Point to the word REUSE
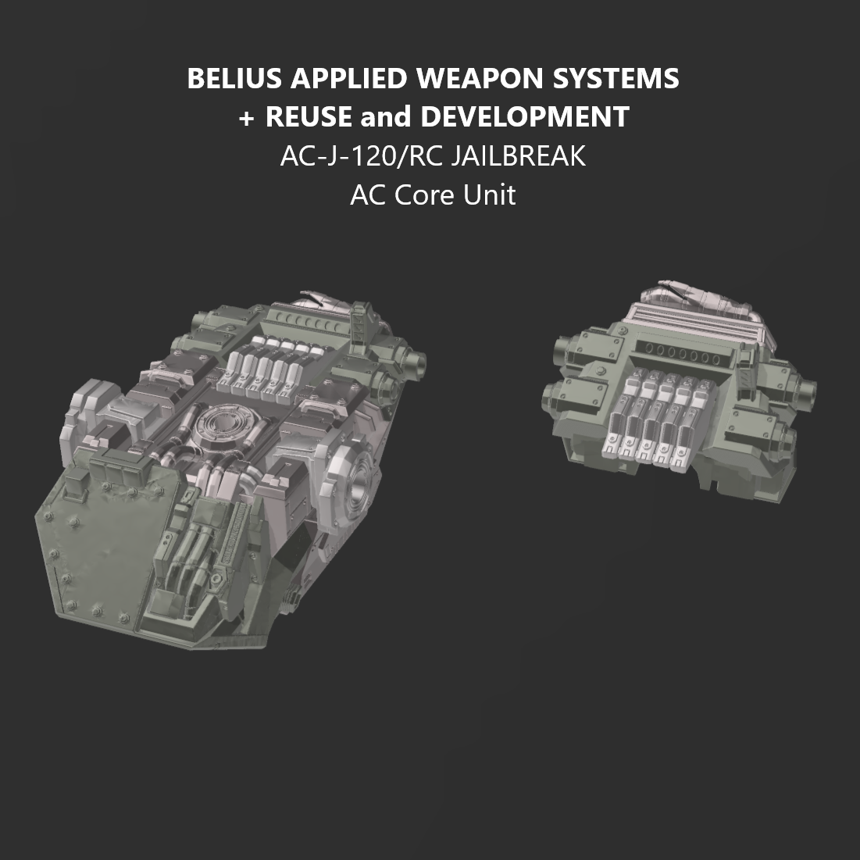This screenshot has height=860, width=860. [x=309, y=117]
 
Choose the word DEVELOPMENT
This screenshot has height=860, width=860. [x=524, y=117]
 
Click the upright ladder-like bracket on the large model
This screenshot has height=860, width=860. [x=359, y=322]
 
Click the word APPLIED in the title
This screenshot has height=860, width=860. [x=346, y=79]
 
